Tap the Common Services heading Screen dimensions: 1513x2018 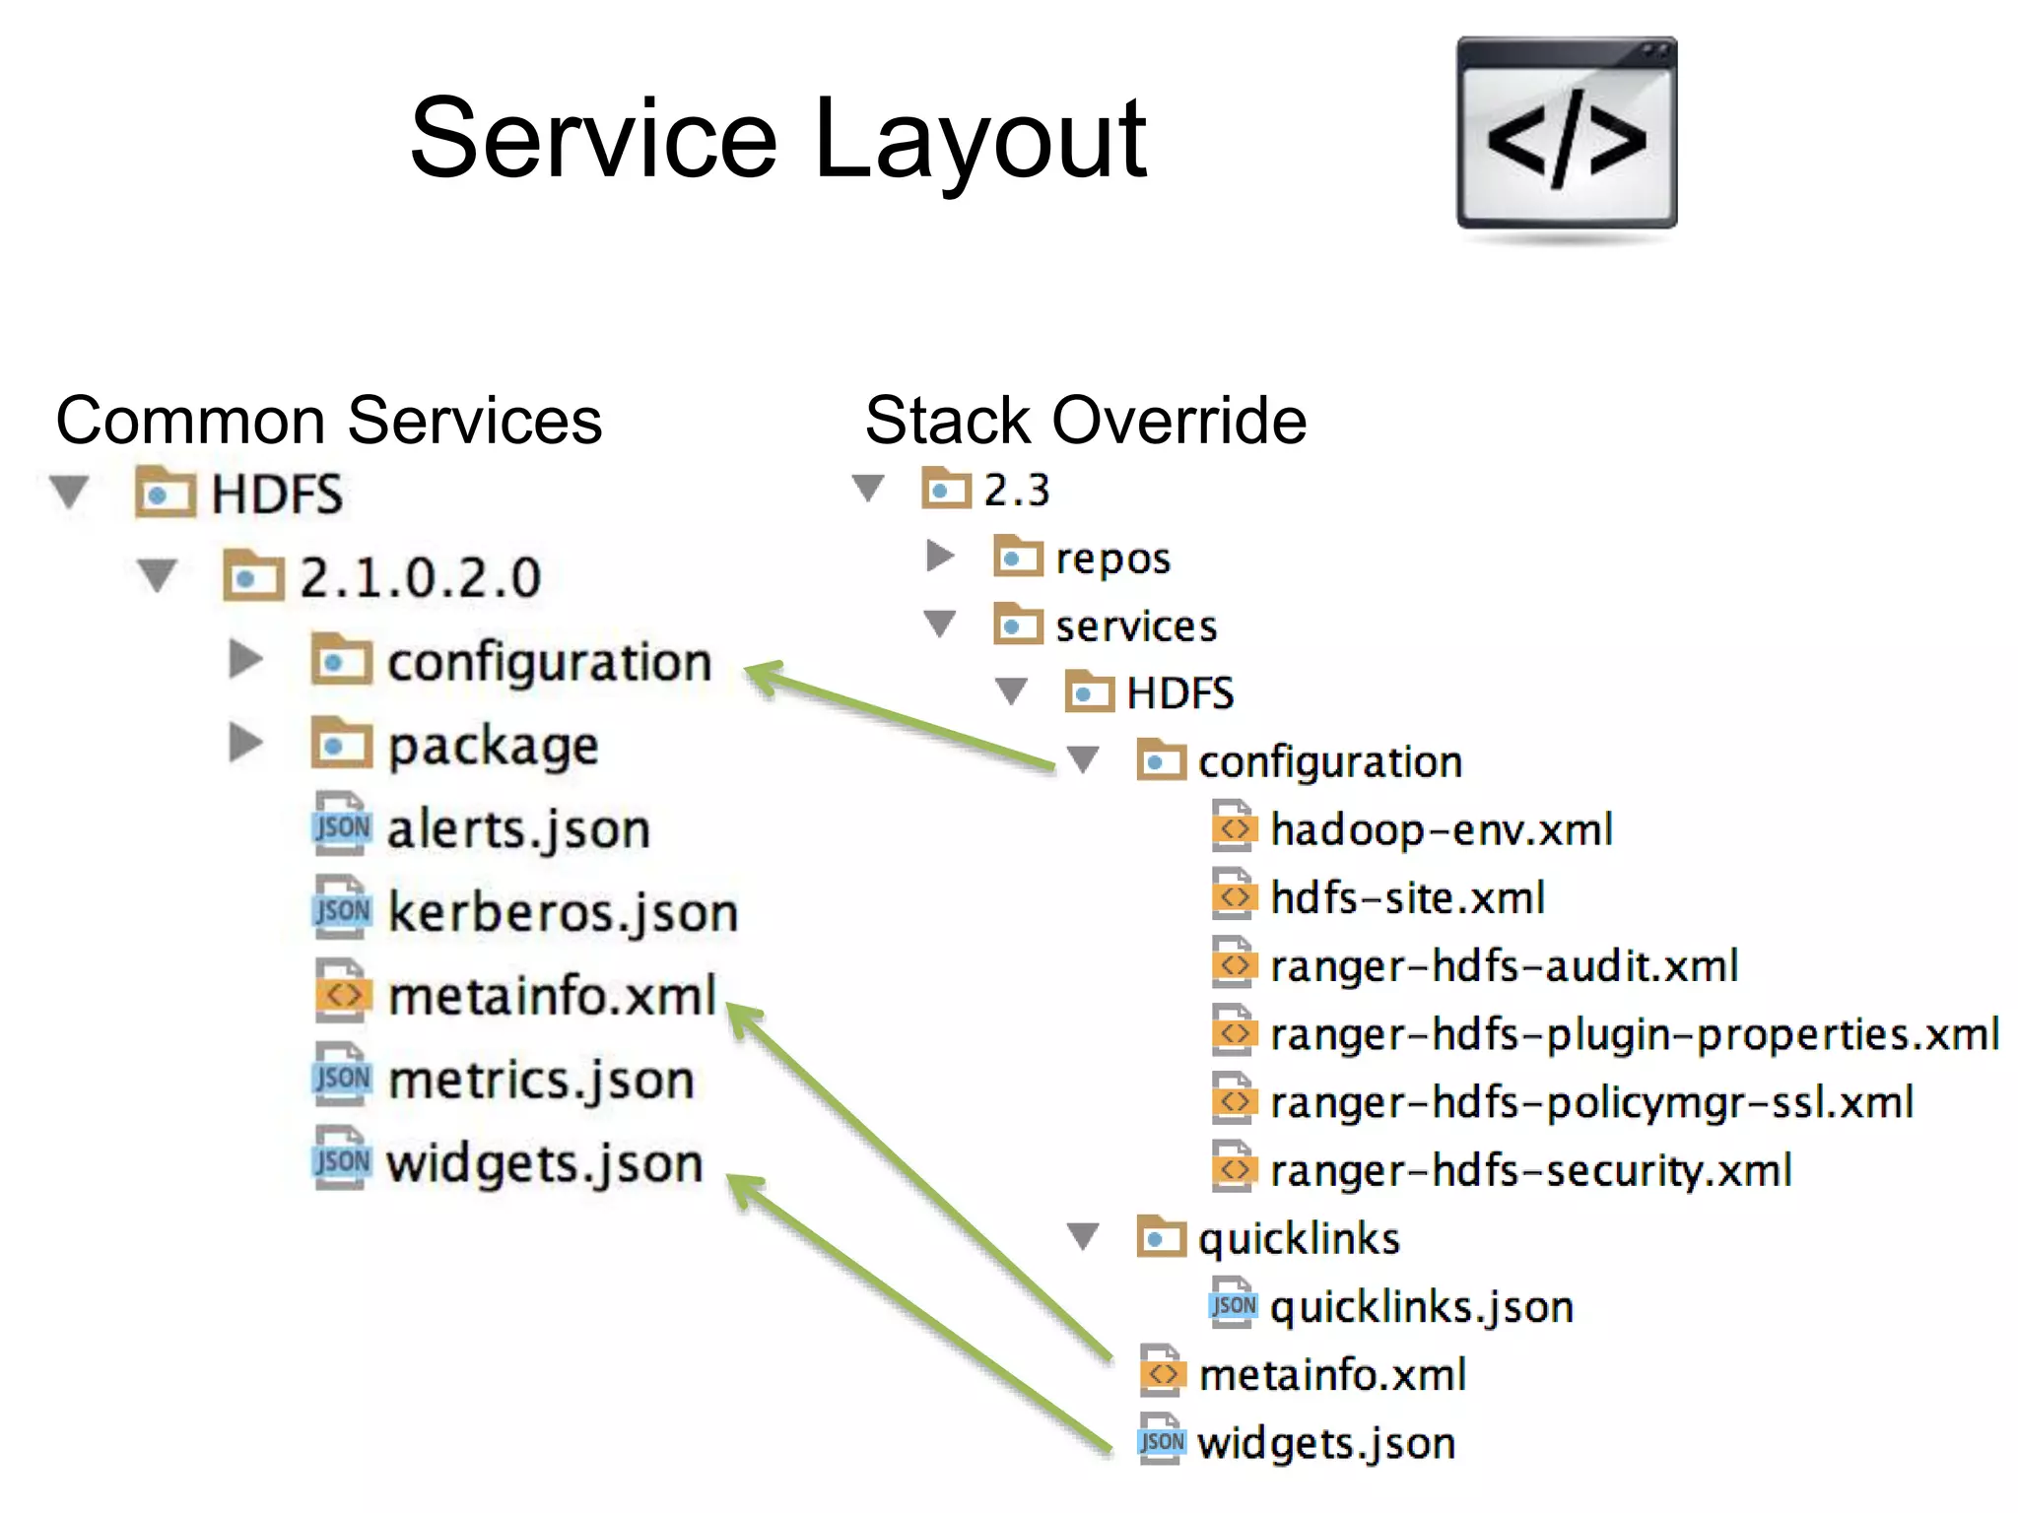[x=328, y=421]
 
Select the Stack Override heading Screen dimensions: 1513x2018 [x=1085, y=421]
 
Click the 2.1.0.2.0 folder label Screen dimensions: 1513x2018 [x=420, y=577]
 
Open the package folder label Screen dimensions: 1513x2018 [x=493, y=746]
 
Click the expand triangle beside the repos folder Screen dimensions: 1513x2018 [x=940, y=557]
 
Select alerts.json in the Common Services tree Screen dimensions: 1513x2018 [x=518, y=829]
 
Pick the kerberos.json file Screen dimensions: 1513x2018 [x=562, y=913]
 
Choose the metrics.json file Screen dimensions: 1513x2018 [x=541, y=1081]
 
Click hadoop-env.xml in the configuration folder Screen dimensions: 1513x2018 [x=1441, y=829]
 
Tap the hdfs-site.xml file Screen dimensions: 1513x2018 [x=1407, y=897]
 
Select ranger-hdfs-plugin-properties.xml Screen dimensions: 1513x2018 [x=1634, y=1034]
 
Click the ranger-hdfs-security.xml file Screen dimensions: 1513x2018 [x=1530, y=1170]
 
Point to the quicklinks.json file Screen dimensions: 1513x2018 [x=1421, y=1307]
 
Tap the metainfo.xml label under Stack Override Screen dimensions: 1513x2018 [x=1332, y=1375]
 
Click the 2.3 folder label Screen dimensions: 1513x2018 [x=1016, y=490]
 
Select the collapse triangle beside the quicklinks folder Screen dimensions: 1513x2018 [x=1083, y=1236]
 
